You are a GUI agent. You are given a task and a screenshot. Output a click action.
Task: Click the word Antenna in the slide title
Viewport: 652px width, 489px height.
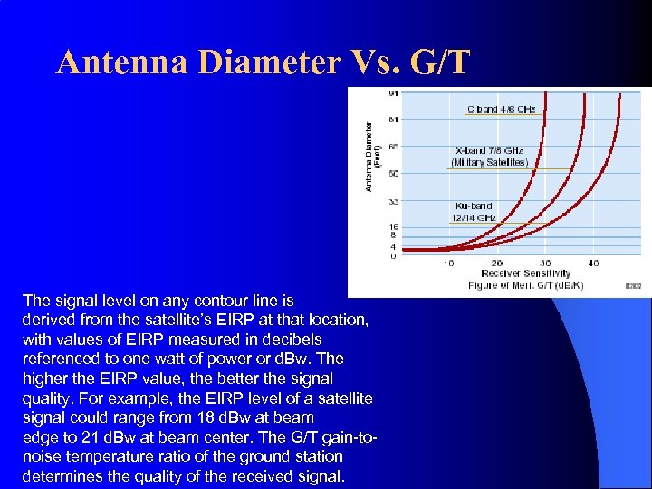124,62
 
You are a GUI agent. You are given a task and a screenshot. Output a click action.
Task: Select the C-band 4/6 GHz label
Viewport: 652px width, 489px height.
501,110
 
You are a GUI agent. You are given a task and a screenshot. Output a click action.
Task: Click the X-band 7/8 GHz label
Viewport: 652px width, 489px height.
489,150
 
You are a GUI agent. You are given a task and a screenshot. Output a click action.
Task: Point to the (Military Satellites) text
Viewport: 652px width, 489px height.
489,162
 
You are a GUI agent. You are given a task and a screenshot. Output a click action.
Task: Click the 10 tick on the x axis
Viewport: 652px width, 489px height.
449,264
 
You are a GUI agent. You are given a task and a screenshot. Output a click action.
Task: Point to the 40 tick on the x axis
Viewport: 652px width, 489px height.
593,264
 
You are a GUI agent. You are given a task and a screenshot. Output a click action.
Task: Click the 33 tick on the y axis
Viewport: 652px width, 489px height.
392,201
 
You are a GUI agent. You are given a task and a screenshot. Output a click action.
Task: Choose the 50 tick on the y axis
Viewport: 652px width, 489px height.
392,173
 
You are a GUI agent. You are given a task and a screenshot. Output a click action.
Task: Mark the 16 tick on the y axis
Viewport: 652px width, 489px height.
392,226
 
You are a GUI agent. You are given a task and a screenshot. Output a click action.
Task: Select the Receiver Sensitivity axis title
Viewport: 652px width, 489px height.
525,273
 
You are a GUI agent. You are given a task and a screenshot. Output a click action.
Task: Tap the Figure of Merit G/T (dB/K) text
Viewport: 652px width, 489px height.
525,284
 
